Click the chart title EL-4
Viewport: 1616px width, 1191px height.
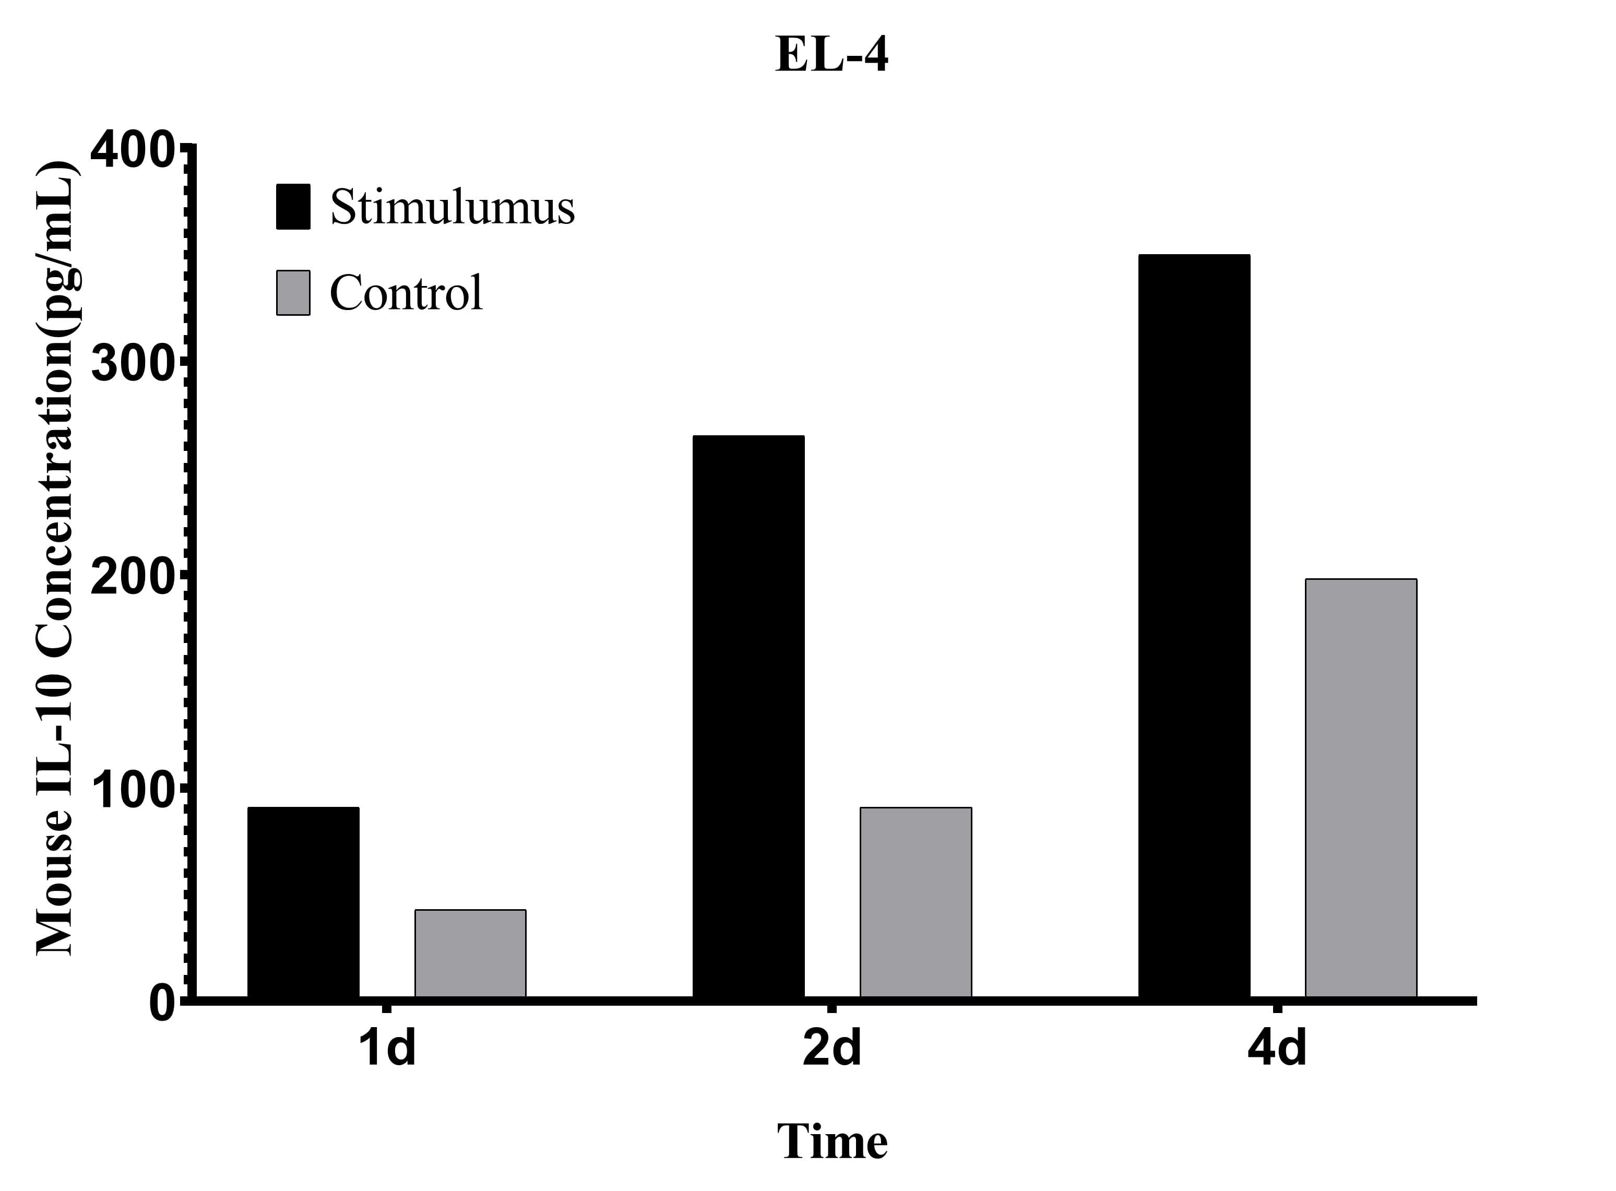coord(831,55)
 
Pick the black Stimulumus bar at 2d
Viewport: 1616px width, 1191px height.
coord(748,717)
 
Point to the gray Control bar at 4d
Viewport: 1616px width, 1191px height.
coord(1360,788)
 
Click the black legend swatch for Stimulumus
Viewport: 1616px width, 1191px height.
coord(293,207)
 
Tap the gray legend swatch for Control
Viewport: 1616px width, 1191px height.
coord(293,293)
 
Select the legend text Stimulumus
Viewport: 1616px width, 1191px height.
coord(452,207)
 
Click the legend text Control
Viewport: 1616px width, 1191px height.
coord(406,293)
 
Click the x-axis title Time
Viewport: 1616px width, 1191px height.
coord(831,1142)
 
